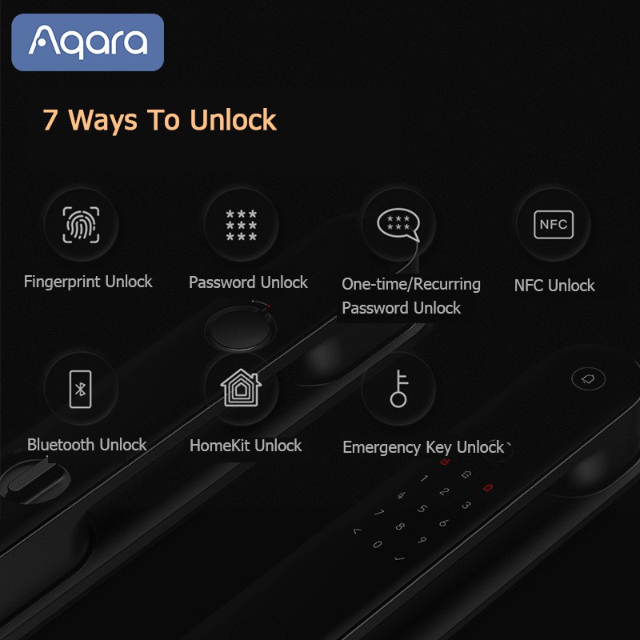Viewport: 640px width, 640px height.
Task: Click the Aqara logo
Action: pyautogui.click(x=87, y=42)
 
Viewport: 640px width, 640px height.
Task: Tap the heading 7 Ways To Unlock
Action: pyautogui.click(x=159, y=120)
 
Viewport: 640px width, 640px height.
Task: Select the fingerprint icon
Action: pyautogui.click(x=81, y=225)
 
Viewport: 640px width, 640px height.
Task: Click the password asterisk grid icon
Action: pyautogui.click(x=242, y=225)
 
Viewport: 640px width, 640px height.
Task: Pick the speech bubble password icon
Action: pyautogui.click(x=398, y=225)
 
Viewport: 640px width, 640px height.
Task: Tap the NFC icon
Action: pyautogui.click(x=554, y=225)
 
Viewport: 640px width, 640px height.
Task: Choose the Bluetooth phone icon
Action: pyautogui.click(x=81, y=389)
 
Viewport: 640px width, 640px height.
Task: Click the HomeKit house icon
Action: pyautogui.click(x=241, y=388)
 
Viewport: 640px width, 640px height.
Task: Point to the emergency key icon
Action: pyautogui.click(x=398, y=389)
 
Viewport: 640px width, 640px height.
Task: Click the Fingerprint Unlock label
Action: pyautogui.click(x=88, y=282)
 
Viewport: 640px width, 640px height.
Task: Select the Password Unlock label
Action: pyautogui.click(x=248, y=282)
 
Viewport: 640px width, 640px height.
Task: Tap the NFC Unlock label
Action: pyautogui.click(x=554, y=286)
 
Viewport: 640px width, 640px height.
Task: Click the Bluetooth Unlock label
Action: pyautogui.click(x=87, y=445)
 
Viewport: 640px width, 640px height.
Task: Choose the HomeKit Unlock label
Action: pyautogui.click(x=246, y=446)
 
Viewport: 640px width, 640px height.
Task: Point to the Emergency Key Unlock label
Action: pyautogui.click(x=423, y=447)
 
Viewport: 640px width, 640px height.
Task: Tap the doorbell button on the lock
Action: pyautogui.click(x=588, y=379)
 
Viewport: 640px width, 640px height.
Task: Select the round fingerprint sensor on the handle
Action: pyautogui.click(x=239, y=329)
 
